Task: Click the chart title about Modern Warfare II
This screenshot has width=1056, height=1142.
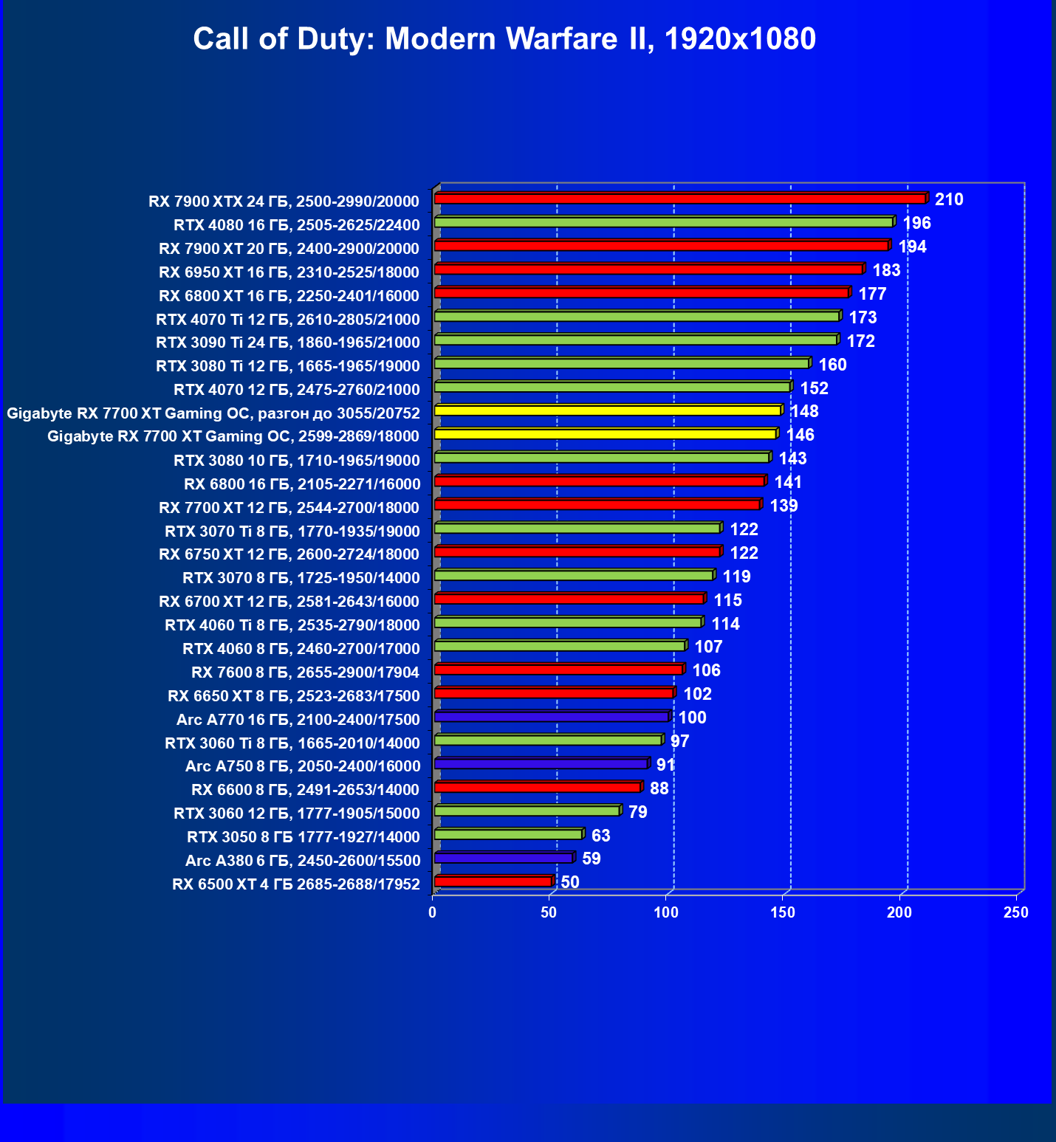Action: (504, 38)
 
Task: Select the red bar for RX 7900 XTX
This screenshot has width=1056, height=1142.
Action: (679, 199)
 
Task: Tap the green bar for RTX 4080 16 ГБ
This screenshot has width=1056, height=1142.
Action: (663, 222)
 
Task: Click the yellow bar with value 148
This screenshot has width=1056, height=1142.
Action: (607, 410)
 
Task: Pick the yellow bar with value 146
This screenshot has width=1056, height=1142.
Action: (605, 434)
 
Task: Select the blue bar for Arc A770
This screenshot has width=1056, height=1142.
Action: (551, 717)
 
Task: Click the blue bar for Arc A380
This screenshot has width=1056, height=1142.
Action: (504, 858)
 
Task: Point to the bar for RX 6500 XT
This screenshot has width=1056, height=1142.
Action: (493, 881)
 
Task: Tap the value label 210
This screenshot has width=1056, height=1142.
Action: (949, 199)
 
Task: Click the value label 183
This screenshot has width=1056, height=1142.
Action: (886, 270)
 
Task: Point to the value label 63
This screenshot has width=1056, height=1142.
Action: (600, 836)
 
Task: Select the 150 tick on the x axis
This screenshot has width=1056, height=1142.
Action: (783, 912)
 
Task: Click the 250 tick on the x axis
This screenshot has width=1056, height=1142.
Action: (1016, 912)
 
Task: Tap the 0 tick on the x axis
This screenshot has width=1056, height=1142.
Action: (433, 912)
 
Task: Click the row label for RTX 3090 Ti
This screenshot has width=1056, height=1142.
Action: (287, 343)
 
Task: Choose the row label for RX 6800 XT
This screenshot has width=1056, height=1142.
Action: (289, 296)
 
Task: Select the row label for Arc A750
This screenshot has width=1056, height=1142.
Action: (303, 766)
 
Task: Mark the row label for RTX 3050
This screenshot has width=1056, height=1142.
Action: (303, 837)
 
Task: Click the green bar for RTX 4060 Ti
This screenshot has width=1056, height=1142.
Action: (567, 622)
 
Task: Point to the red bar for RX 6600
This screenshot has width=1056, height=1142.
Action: (537, 788)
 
